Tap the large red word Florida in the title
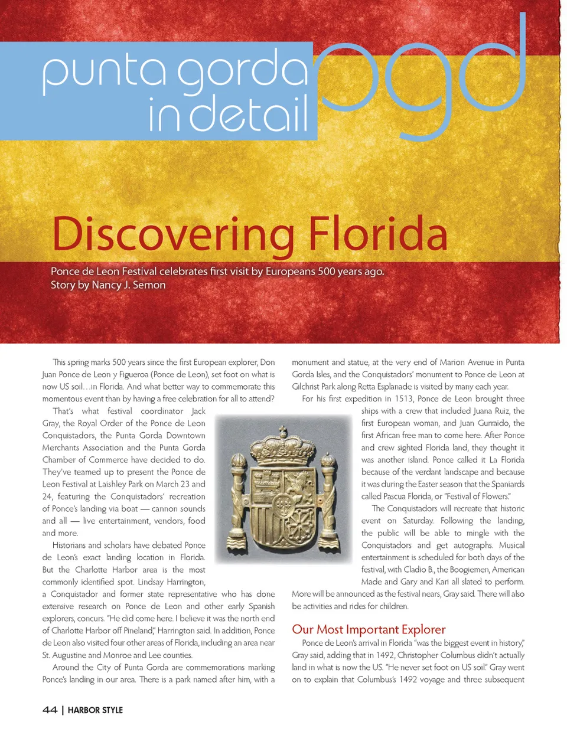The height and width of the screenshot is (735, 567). tap(378, 234)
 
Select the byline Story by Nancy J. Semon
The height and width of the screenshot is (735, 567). tap(108, 285)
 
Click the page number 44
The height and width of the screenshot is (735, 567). tap(50, 710)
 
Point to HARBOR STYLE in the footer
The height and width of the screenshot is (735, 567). tap(95, 710)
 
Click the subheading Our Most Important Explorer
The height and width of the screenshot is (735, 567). tap(369, 629)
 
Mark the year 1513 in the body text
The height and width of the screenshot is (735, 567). tap(404, 398)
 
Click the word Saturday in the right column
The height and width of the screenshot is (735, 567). tap(418, 521)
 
